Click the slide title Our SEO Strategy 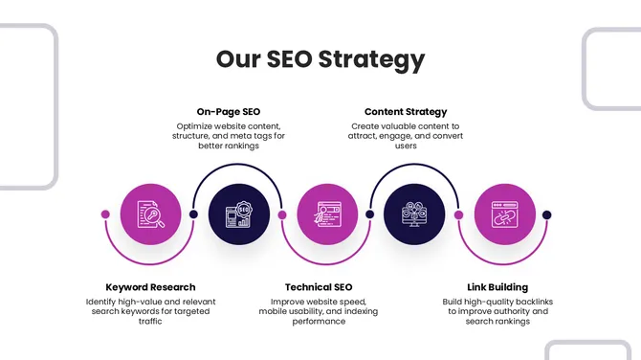point(320,59)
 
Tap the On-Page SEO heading point(228,112)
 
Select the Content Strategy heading point(406,112)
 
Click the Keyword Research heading point(150,287)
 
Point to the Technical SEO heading point(319,287)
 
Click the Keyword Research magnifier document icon point(150,214)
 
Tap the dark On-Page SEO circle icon point(237,214)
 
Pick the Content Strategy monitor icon point(412,214)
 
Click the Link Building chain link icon point(504,214)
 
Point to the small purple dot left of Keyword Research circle point(105,214)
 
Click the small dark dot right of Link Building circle point(547,214)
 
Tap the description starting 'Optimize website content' point(229,136)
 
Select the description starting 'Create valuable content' point(405,136)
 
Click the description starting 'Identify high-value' point(150,311)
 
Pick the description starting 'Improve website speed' point(319,311)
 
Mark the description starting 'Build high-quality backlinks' point(497,311)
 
